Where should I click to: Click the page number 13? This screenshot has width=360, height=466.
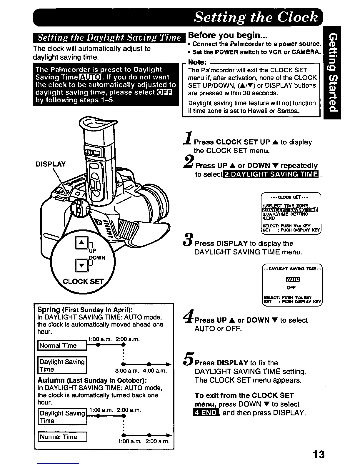tap(319, 454)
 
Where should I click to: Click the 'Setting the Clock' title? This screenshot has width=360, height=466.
tap(256, 17)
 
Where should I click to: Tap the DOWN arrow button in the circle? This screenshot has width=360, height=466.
tap(81, 265)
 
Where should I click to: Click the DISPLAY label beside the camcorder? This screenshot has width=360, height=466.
tap(51, 164)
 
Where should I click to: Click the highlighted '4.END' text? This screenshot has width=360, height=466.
tap(206, 413)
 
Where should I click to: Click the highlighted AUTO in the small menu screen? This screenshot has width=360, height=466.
tap(293, 279)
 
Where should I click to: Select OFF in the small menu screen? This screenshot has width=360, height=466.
tap(291, 287)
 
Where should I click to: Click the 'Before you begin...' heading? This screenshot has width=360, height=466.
tap(227, 36)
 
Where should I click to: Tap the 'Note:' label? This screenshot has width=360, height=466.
tap(197, 62)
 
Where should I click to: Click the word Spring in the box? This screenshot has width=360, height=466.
tap(49, 309)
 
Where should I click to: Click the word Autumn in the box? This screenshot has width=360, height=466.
tap(51, 380)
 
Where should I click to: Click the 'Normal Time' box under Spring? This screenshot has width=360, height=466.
tap(62, 345)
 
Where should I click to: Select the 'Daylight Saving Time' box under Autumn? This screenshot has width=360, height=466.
tap(62, 417)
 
